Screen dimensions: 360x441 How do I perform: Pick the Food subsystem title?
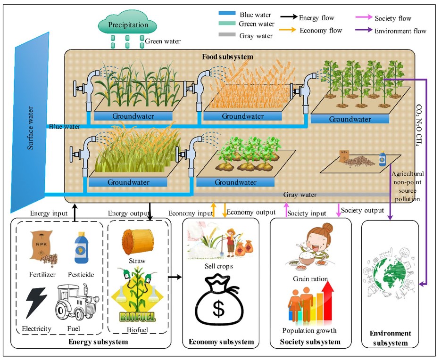pyautogui.click(x=228, y=57)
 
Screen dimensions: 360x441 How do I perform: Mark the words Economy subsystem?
pyautogui.click(x=221, y=342)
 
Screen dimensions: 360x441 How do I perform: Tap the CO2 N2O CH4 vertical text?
pyautogui.click(x=419, y=120)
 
